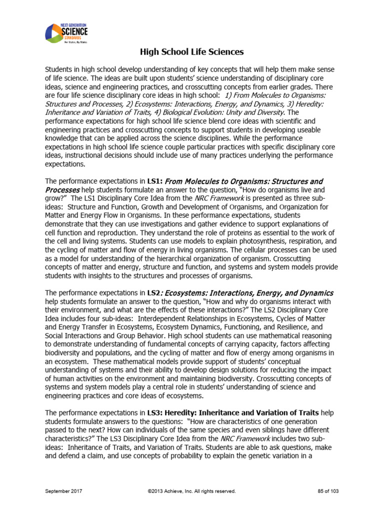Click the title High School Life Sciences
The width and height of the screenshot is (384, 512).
191,51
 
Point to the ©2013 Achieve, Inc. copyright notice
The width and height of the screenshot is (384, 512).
191,491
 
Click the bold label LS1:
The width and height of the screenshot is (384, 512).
154,181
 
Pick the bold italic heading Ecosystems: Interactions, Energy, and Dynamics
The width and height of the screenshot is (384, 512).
249,292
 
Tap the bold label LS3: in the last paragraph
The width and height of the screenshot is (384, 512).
155,413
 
